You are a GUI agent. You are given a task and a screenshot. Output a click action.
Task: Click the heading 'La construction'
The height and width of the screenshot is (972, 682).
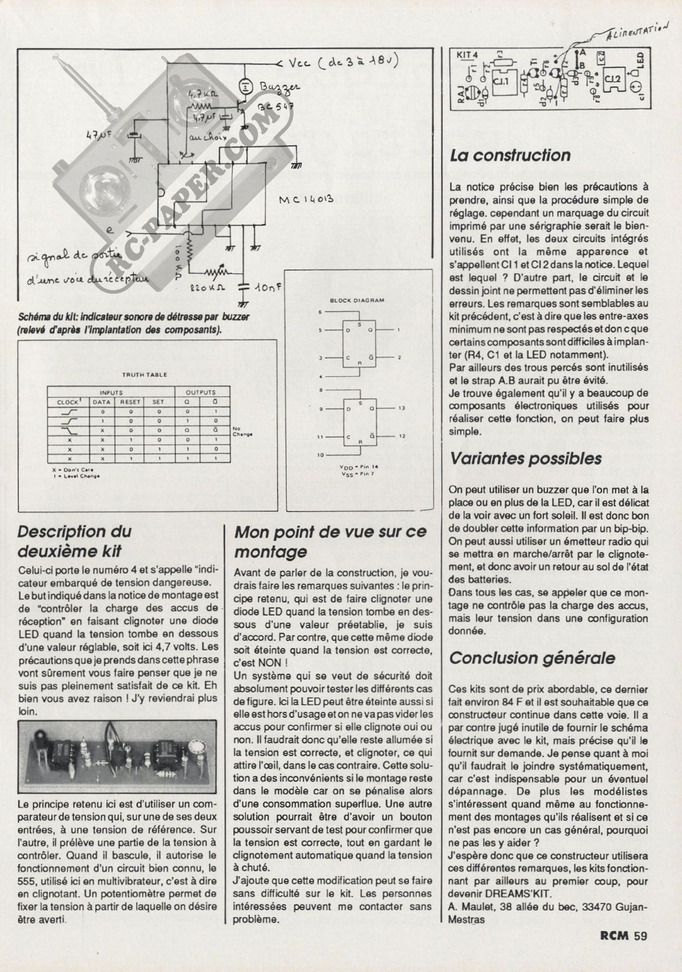coord(510,156)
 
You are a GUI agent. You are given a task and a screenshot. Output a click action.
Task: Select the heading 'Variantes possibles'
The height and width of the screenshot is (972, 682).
coord(526,458)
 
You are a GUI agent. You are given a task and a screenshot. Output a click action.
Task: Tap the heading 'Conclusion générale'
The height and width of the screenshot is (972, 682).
coord(532,658)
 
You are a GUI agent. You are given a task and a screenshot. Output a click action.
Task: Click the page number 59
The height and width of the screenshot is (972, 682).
coord(640,935)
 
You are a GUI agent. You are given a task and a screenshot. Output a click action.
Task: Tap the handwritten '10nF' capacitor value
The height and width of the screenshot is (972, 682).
coord(270,289)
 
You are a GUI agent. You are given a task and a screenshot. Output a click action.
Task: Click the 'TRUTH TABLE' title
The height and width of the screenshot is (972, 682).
coord(144,374)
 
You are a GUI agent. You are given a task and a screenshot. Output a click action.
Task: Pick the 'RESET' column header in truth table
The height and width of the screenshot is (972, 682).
coord(131,403)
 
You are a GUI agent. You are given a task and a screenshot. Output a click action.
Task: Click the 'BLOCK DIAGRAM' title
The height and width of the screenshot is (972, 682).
coord(357,300)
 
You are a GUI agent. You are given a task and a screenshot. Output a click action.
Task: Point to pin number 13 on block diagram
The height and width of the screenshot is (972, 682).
coord(402,407)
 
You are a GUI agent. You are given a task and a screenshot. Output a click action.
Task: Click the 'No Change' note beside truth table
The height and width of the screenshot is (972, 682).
coord(242,431)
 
